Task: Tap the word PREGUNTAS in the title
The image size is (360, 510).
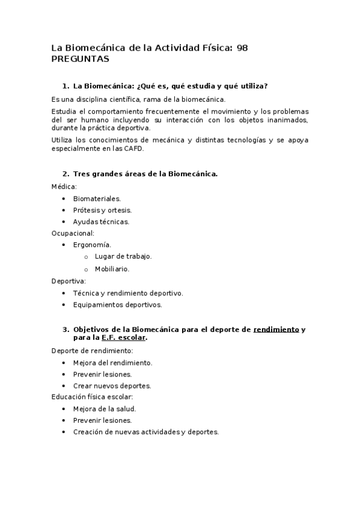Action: pyautogui.click(x=80, y=59)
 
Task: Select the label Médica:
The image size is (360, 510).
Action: pyautogui.click(x=64, y=186)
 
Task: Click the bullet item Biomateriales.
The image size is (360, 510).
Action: pyautogui.click(x=97, y=198)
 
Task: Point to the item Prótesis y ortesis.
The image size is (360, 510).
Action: pyautogui.click(x=102, y=210)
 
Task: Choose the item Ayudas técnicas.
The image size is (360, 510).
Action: pyautogui.click(x=101, y=221)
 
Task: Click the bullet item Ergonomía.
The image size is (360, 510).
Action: pyautogui.click(x=92, y=245)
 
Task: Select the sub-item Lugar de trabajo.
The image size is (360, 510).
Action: pyautogui.click(x=123, y=256)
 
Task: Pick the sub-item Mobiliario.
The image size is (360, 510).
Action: pyautogui.click(x=112, y=269)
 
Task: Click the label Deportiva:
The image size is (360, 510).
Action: pyautogui.click(x=69, y=281)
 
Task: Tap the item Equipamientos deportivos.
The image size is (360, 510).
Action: pyautogui.click(x=117, y=304)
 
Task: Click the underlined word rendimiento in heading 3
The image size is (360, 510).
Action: pyautogui.click(x=276, y=330)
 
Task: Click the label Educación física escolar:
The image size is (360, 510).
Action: pyautogui.click(x=92, y=397)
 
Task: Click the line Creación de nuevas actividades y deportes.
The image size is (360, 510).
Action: pyautogui.click(x=146, y=432)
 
